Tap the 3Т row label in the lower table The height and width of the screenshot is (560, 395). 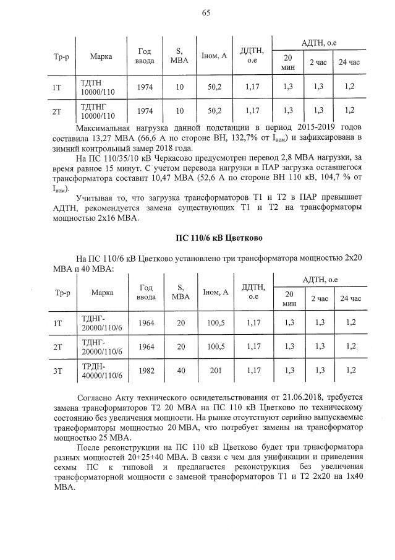[x=57, y=370]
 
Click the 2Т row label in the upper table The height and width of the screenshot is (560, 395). [x=57, y=111]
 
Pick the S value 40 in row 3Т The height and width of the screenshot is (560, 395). [x=181, y=370]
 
